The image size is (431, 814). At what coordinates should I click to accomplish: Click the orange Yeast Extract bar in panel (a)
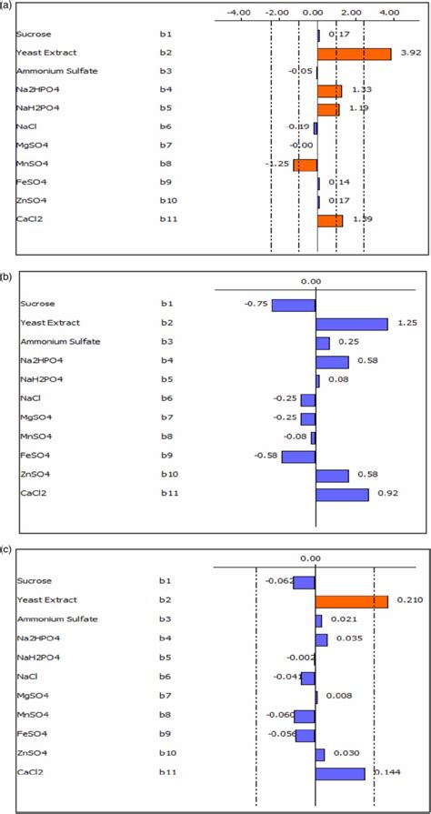pos(354,54)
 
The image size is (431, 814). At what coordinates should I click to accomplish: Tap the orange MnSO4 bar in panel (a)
pos(305,165)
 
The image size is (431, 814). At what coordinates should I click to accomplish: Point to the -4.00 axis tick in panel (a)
pos(239,13)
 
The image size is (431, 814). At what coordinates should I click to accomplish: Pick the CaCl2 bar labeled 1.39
pos(329,220)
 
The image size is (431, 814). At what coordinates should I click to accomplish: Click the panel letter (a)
pos(7,5)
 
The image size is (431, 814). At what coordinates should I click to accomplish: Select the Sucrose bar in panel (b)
pos(293,305)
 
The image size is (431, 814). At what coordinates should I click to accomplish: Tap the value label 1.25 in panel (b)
pos(406,324)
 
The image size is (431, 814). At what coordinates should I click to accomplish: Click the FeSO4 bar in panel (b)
pos(298,456)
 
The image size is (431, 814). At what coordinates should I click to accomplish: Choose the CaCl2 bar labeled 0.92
pos(342,494)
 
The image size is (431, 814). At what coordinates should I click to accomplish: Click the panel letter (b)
pos(7,273)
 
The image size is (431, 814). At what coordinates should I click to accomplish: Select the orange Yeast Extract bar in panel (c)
pos(351,601)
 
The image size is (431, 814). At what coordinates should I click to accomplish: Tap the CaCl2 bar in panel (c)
pos(340,773)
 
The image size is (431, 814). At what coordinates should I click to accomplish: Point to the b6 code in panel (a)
pos(165,127)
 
